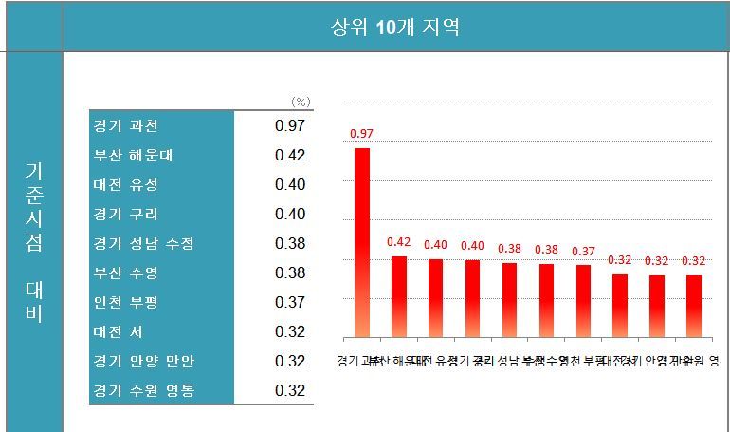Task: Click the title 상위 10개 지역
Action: (x=394, y=27)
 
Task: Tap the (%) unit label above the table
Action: (x=301, y=101)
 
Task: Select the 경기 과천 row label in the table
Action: (x=126, y=126)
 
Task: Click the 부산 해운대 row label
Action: (x=133, y=156)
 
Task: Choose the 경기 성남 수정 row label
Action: (x=143, y=243)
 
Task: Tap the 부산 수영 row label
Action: (x=126, y=272)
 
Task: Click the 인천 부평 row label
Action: (x=126, y=302)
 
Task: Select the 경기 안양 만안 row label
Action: (x=143, y=361)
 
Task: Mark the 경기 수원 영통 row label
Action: (x=143, y=390)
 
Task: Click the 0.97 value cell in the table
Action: (x=290, y=126)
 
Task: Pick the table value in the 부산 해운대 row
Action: (x=290, y=156)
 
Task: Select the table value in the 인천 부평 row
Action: (x=290, y=302)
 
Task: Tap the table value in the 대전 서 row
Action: (x=290, y=331)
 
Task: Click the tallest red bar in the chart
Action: (x=361, y=242)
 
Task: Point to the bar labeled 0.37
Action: (x=583, y=301)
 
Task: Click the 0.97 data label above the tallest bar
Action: (x=361, y=134)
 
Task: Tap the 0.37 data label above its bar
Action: (x=583, y=251)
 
